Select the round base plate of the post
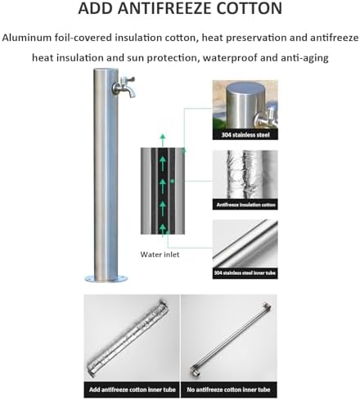click(106, 279)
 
